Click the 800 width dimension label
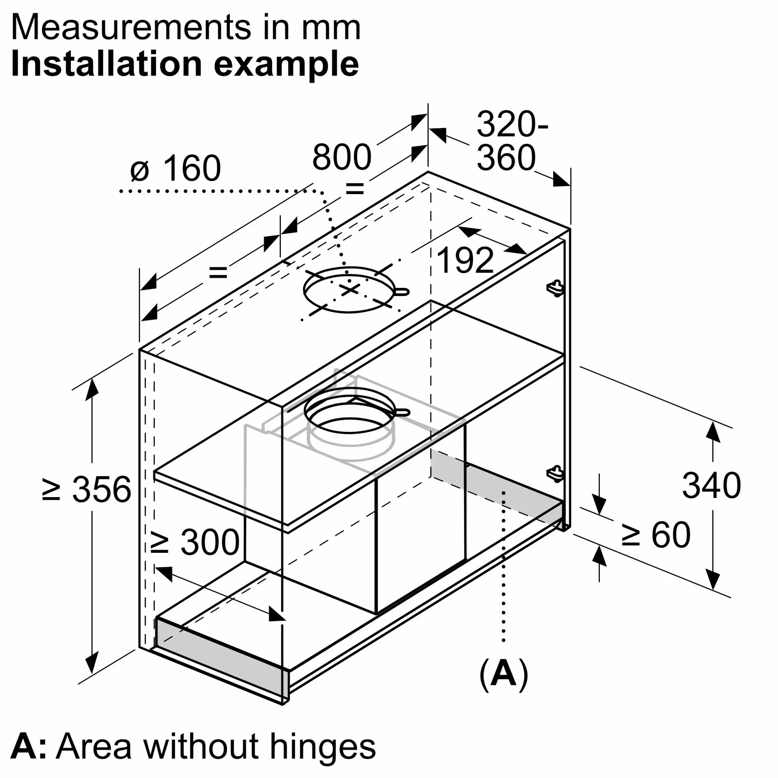pos(341,157)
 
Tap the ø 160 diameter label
pos(175,168)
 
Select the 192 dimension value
pos(465,261)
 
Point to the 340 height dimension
pos(711,486)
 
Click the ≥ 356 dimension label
pos(87,490)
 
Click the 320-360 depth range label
pos(510,141)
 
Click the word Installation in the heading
pos(106,64)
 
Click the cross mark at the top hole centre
pos(349,290)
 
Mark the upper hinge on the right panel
pos(556,288)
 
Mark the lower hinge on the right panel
pos(556,473)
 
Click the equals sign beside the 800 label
pos(354,188)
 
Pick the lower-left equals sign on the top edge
pos(218,272)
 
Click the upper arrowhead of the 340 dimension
pos(713,432)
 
